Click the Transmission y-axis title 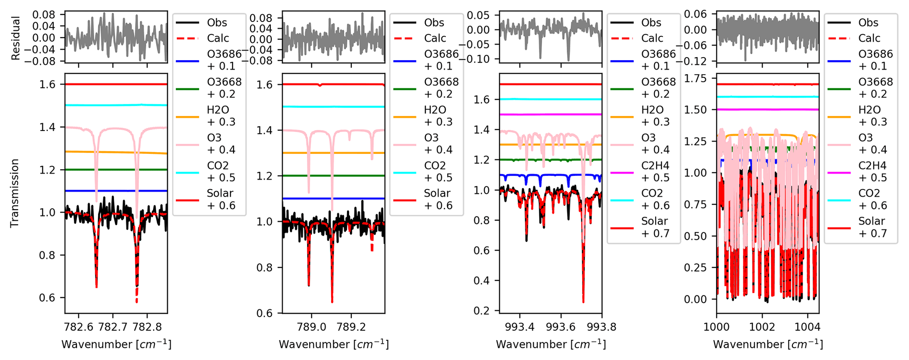click(15, 193)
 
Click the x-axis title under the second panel click(334, 344)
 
